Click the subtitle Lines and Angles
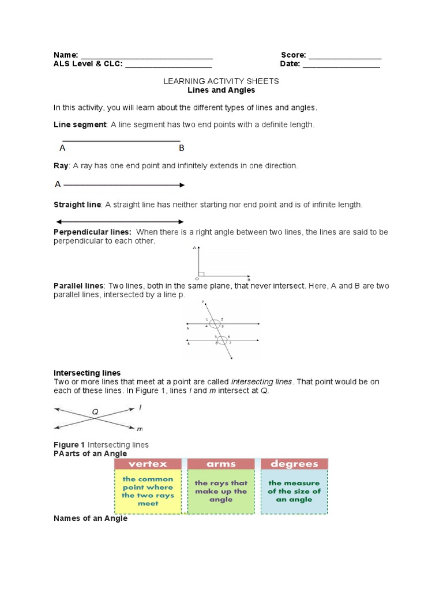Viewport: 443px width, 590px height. click(221, 90)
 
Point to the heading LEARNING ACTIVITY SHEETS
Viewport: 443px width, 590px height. click(221, 81)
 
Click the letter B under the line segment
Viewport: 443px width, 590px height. click(181, 148)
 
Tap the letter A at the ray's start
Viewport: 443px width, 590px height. click(58, 184)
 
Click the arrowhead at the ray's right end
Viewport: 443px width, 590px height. click(182, 185)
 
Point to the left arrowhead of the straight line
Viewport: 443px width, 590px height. click(58, 222)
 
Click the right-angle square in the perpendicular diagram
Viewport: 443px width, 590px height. click(200, 273)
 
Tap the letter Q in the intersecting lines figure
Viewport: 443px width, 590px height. click(95, 412)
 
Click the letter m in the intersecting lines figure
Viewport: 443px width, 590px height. click(140, 429)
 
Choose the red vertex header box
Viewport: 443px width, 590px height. click(148, 464)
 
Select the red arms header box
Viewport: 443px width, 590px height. click(221, 464)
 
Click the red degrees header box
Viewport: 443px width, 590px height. click(294, 464)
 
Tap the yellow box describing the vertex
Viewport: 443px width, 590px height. click(148, 491)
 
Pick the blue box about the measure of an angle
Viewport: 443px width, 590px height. click(294, 491)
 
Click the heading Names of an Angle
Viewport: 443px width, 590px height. click(91, 519)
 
